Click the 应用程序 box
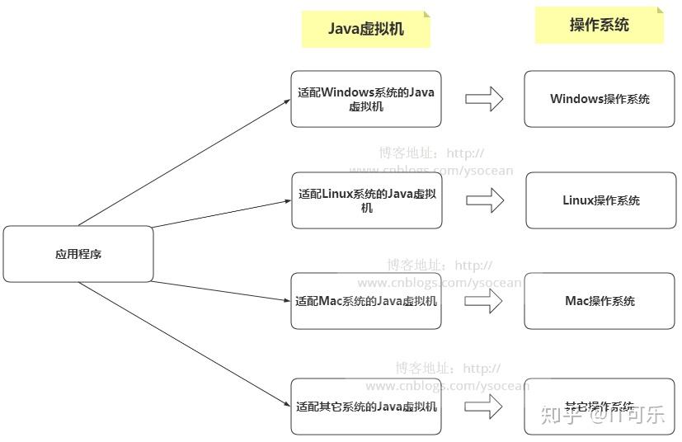point(78,254)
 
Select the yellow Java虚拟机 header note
point(366,29)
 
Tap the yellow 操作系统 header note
point(600,25)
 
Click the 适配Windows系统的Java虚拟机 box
point(366,99)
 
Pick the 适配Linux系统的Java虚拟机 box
point(366,200)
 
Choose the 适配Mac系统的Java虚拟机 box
point(366,301)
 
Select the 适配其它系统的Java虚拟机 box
point(366,407)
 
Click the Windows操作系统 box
point(600,99)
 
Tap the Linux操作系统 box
point(601,200)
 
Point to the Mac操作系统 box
point(600,301)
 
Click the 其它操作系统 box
point(600,407)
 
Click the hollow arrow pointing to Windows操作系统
point(484,100)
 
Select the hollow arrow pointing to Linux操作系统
point(485,200)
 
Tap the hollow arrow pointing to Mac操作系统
point(484,301)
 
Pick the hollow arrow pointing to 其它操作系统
point(484,406)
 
